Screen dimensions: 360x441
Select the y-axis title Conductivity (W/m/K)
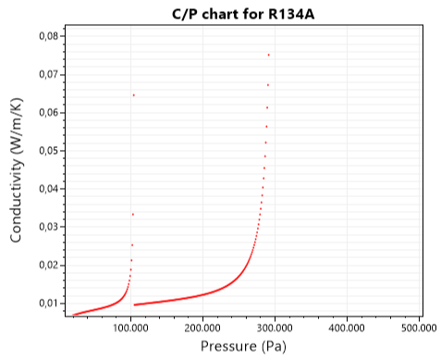click(x=16, y=173)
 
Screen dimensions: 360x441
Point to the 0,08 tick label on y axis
click(x=46, y=36)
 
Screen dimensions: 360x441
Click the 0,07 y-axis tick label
click(x=46, y=74)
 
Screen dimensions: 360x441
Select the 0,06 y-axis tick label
click(x=46, y=112)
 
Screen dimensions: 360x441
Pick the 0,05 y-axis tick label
click(x=46, y=150)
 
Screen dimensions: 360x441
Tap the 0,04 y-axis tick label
click(x=46, y=189)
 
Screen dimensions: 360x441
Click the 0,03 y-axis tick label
click(x=46, y=227)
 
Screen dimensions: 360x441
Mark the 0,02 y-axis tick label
click(x=46, y=265)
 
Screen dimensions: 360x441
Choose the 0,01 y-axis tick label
click(x=46, y=303)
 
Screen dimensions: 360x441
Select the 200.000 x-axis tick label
click(x=202, y=327)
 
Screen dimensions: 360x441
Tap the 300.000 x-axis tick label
click(x=275, y=327)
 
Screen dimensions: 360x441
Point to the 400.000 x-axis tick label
click(x=347, y=327)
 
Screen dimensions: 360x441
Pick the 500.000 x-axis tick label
click(x=418, y=327)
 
